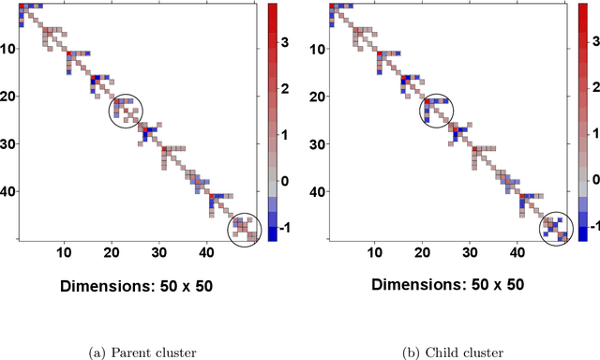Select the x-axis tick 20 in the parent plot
pyautogui.click(x=112, y=253)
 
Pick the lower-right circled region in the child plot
pyautogui.click(x=555, y=228)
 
